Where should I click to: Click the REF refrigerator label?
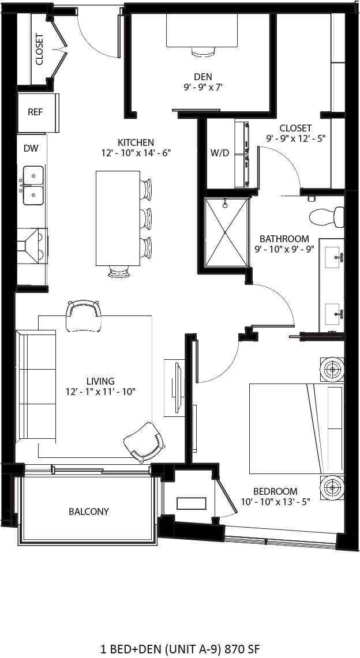point(35,112)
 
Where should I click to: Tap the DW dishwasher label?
point(31,149)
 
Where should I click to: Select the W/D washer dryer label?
point(219,153)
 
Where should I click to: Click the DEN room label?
point(202,77)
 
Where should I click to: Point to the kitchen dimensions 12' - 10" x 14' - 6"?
point(136,153)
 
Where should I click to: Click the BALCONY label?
point(88,512)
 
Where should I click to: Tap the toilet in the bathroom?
point(325,217)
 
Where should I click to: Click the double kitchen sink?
point(33,185)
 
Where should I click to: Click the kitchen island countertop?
point(118,218)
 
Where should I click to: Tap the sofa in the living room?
point(36,385)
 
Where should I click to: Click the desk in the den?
point(202,30)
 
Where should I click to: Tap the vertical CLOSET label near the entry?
point(39,50)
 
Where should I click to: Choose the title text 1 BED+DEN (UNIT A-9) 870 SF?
point(179,649)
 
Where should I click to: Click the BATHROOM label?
point(284,239)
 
